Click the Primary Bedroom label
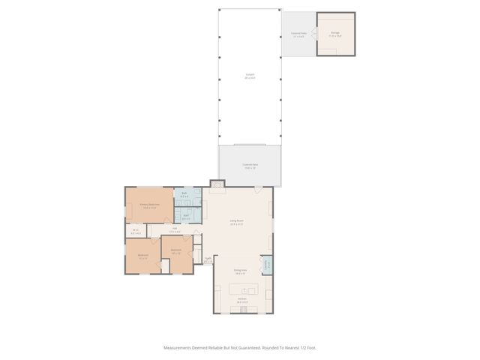click(148, 205)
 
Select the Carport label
click(250, 76)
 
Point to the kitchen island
click(244, 289)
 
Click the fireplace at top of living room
click(217, 184)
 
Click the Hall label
click(174, 229)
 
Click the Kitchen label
click(243, 301)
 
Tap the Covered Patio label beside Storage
click(298, 34)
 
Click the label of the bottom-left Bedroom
click(142, 256)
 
